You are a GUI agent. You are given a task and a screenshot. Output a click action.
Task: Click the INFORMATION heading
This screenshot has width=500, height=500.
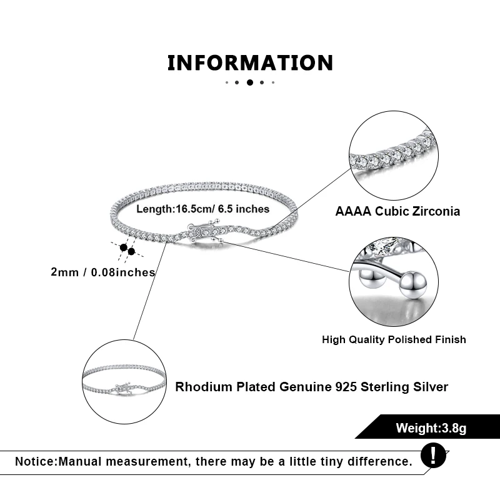(x=250, y=63)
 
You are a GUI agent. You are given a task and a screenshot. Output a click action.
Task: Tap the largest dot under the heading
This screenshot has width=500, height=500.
(x=250, y=82)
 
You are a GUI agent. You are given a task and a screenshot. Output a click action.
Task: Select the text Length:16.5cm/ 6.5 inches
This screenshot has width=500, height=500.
(x=203, y=209)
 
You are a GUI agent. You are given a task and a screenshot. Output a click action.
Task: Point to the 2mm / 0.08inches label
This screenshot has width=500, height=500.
(x=103, y=272)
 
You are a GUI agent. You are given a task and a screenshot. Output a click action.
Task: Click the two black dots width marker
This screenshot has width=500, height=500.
(x=127, y=249)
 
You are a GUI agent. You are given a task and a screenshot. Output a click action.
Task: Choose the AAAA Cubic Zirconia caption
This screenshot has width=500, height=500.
(x=397, y=211)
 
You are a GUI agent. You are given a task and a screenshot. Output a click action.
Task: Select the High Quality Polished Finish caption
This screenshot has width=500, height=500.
(x=394, y=339)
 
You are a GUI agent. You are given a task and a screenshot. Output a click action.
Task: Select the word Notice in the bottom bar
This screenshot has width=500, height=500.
(x=35, y=462)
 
